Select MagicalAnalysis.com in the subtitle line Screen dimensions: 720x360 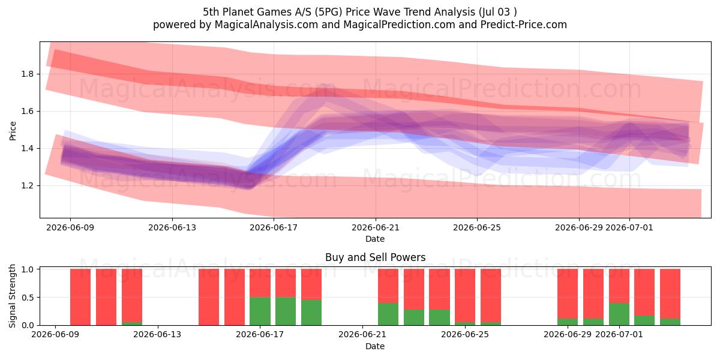click(x=266, y=25)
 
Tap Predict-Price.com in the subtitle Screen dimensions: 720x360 click(x=524, y=25)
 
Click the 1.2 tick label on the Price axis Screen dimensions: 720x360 click(x=28, y=186)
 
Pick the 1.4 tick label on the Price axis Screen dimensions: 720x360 click(x=28, y=149)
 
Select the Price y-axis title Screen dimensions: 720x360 click(x=13, y=131)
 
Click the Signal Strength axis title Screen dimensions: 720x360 click(x=12, y=296)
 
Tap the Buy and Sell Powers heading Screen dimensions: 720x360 click(x=375, y=257)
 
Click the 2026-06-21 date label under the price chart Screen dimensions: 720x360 click(x=376, y=228)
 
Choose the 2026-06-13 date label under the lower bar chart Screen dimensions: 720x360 click(x=157, y=335)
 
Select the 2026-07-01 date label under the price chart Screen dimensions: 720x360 click(x=629, y=228)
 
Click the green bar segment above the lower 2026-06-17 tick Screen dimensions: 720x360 click(x=260, y=311)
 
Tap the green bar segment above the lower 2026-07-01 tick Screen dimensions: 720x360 click(x=619, y=314)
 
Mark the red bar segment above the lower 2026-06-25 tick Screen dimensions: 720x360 click(x=465, y=295)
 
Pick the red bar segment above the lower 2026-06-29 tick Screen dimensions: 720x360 click(x=568, y=294)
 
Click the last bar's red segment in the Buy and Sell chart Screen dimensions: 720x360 click(x=670, y=294)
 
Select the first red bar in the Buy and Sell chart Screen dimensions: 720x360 click(x=80, y=297)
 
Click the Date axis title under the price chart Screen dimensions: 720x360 click(x=375, y=239)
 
